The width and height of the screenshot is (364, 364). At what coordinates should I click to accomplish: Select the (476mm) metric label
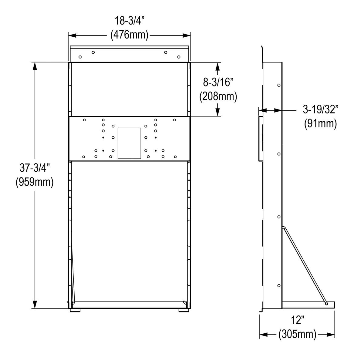(x=129, y=35)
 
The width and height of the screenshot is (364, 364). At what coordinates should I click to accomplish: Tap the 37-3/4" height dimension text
(x=35, y=168)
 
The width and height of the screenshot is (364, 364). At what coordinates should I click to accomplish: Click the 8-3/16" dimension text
(x=218, y=82)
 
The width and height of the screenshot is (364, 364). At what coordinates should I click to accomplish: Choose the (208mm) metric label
(x=218, y=96)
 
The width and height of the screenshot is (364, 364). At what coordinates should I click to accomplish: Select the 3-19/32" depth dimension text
(x=321, y=109)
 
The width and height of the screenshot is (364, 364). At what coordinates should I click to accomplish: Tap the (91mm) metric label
(x=321, y=123)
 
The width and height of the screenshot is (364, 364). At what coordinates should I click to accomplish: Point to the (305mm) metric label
(x=297, y=335)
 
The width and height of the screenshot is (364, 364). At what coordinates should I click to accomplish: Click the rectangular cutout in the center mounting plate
(x=130, y=143)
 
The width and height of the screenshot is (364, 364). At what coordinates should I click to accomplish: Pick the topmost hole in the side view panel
(x=279, y=85)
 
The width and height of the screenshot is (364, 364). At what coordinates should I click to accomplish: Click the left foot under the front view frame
(x=76, y=310)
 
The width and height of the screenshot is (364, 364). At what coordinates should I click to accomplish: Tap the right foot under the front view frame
(x=183, y=310)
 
